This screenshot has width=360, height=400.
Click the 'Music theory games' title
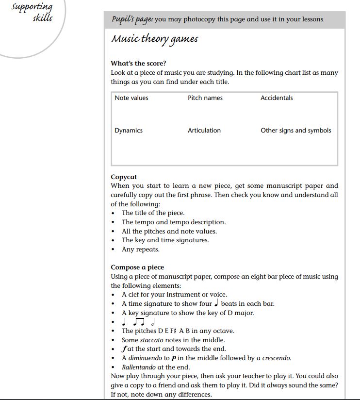(x=155, y=39)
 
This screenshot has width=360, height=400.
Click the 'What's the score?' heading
(x=138, y=63)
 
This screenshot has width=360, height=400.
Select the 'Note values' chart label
(x=131, y=98)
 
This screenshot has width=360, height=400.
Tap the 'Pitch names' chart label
(x=205, y=98)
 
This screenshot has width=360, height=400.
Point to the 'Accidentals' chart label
(x=277, y=98)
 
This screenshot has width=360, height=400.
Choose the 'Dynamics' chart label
(x=129, y=130)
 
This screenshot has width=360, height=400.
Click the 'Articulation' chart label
(x=204, y=130)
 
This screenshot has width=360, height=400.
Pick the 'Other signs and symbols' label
(x=296, y=130)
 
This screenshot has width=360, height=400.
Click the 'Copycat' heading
(x=124, y=177)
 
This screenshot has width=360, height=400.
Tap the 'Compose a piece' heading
(x=137, y=267)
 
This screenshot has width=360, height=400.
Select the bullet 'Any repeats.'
(x=141, y=250)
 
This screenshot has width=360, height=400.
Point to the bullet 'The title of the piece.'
(x=153, y=213)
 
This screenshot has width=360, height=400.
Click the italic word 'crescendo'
(x=277, y=358)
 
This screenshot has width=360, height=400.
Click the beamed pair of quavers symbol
(x=139, y=322)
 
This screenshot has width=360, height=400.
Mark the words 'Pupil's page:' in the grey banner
(x=132, y=19)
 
